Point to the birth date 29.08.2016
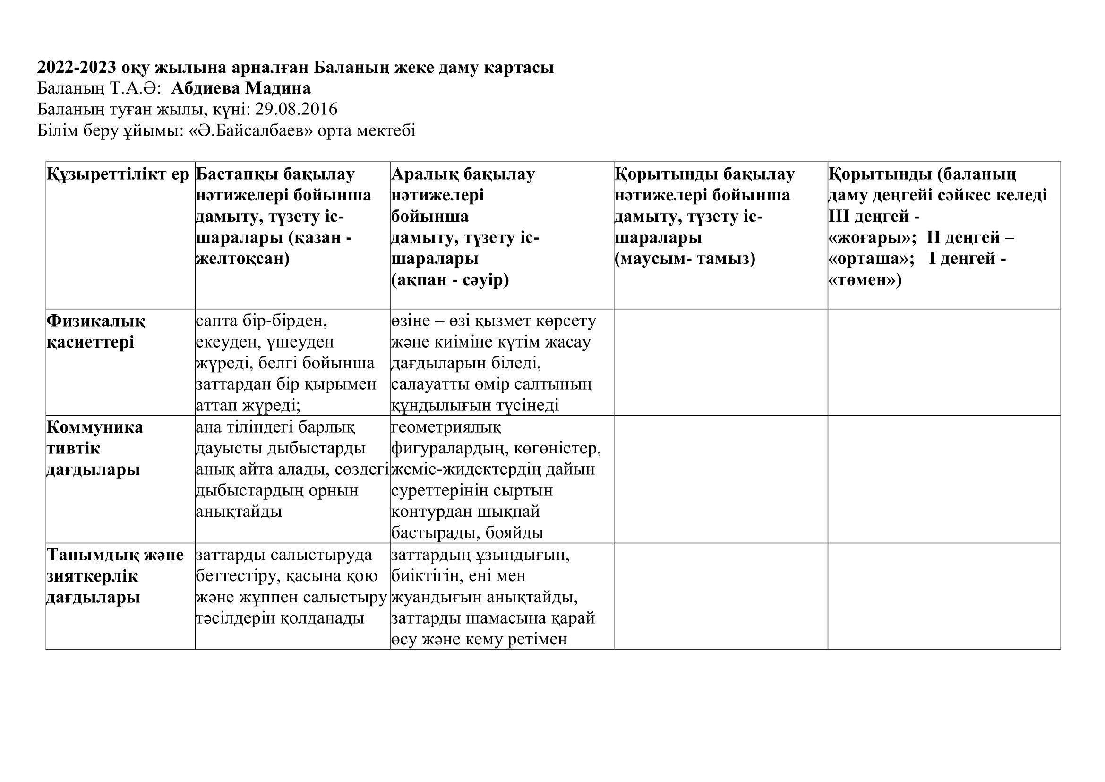pyautogui.click(x=296, y=110)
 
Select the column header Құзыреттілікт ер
pyautogui.click(x=118, y=174)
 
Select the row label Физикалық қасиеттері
pyautogui.click(x=96, y=332)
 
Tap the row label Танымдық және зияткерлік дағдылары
pyautogui.click(x=115, y=576)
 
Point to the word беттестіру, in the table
pyautogui.click(x=238, y=576)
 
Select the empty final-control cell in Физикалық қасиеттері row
pyautogui.click(x=720, y=362)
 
